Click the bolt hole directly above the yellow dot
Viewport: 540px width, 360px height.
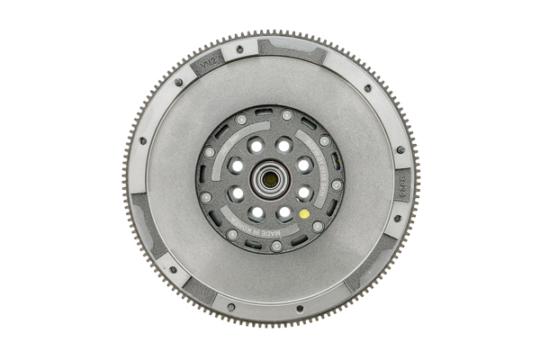click(304, 192)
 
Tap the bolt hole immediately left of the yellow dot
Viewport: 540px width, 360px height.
click(284, 213)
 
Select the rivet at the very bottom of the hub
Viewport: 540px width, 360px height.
click(276, 246)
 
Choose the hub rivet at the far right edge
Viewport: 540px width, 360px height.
click(337, 184)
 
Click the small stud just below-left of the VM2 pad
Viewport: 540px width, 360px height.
click(178, 82)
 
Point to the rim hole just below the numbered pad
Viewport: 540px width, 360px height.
click(397, 217)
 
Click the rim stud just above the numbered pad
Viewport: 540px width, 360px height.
click(400, 149)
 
